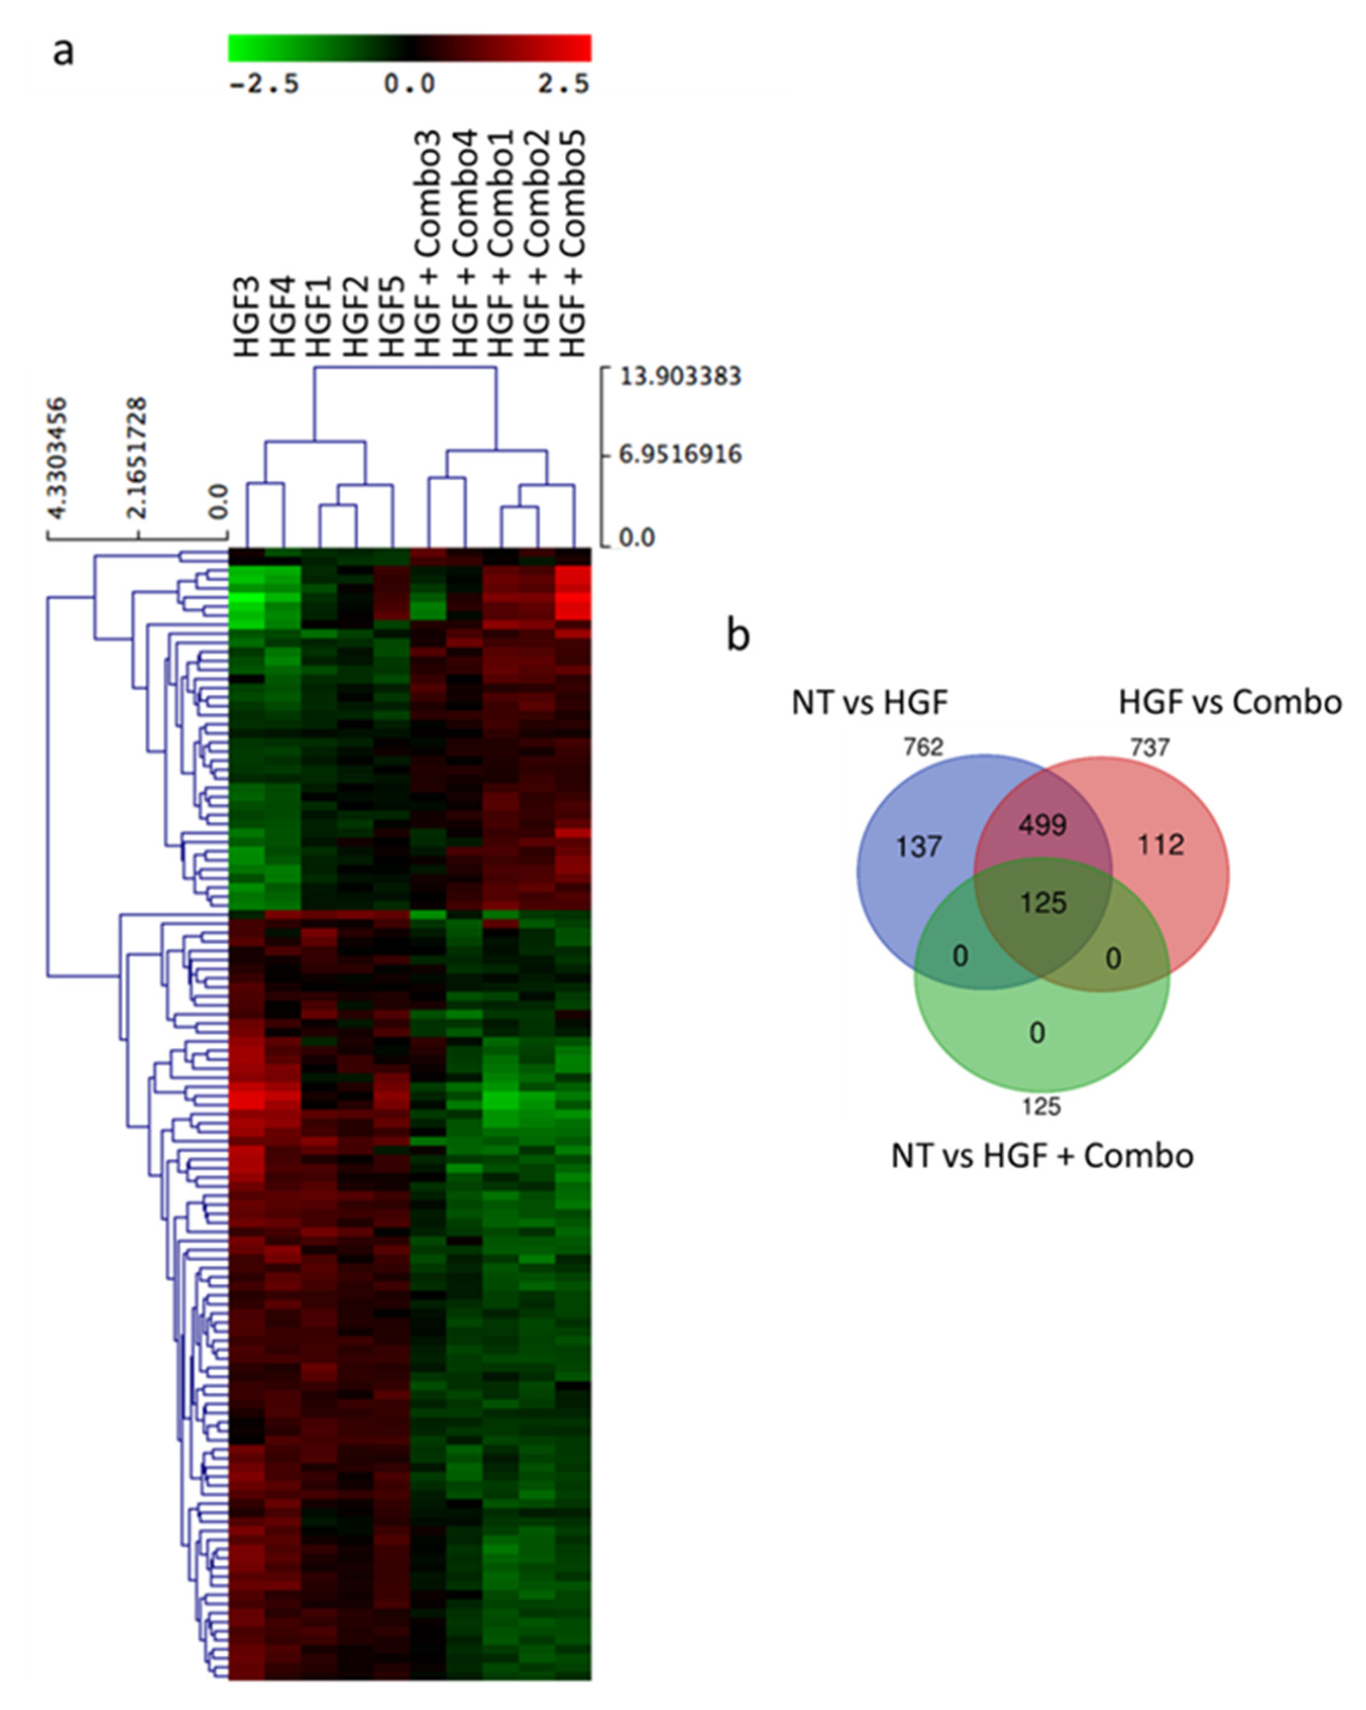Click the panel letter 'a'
point(64,52)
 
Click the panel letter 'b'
point(738,635)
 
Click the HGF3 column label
point(247,316)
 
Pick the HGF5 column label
point(392,316)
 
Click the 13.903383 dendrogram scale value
point(680,376)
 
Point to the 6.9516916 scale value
point(680,455)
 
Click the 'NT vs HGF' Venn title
point(869,702)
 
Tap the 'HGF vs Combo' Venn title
point(1230,702)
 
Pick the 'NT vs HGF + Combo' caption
point(1042,1156)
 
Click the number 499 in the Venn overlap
point(1043,826)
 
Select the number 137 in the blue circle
point(918,847)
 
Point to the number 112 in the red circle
point(1161,845)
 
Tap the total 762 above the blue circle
point(923,747)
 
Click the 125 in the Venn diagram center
point(1043,902)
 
